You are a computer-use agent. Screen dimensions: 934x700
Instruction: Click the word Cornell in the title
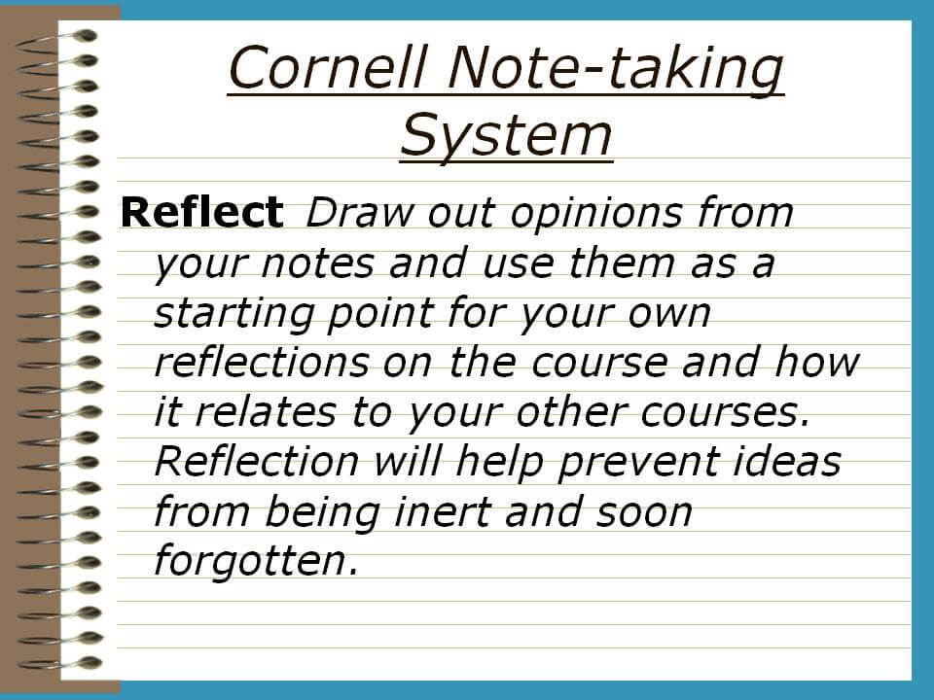[328, 67]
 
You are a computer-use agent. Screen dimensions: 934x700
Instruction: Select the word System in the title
[506, 136]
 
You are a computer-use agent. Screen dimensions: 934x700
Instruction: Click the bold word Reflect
[202, 212]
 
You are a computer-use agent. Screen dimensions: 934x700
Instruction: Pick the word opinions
[595, 214]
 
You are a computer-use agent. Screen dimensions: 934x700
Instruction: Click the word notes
[317, 263]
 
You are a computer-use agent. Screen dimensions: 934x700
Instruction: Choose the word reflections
[261, 362]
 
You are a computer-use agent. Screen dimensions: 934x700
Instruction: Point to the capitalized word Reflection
[256, 461]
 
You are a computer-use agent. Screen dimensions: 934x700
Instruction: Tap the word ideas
[786, 461]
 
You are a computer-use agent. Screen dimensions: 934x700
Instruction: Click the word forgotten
[256, 561]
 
